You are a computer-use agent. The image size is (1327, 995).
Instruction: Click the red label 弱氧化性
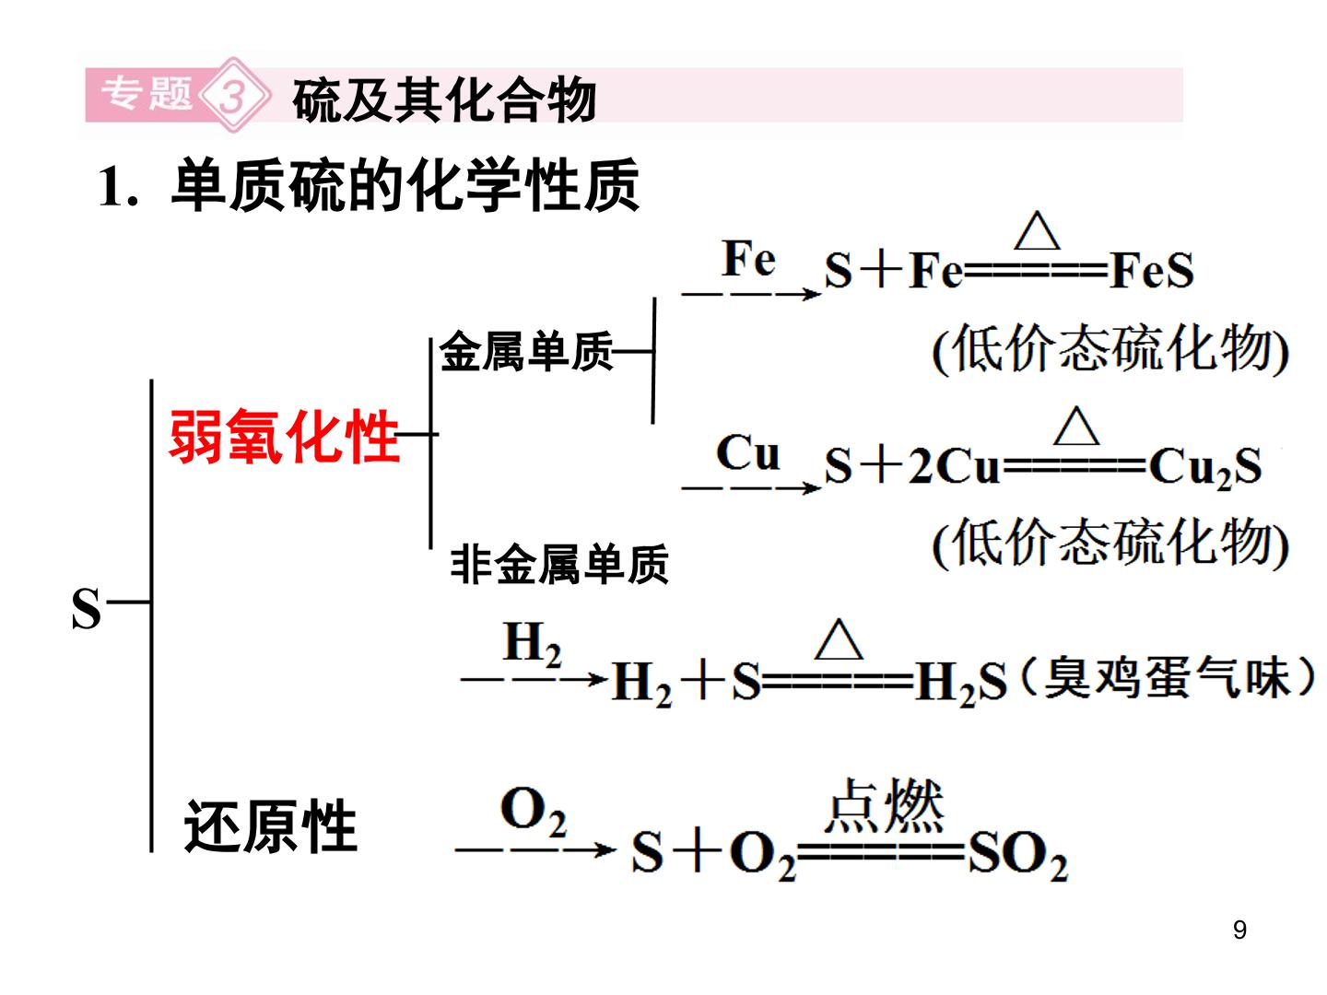[284, 436]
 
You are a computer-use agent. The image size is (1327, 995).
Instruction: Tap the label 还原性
[270, 825]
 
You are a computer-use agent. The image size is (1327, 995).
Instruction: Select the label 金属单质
[525, 351]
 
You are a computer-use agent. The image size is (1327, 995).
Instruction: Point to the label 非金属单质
[559, 564]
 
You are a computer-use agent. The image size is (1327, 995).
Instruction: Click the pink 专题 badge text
[147, 94]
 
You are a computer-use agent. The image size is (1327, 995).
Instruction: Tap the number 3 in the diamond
[233, 96]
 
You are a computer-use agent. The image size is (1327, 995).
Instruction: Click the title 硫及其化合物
[444, 99]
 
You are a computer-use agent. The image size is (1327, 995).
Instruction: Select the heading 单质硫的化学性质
[405, 184]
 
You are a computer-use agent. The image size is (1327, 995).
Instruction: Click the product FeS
[1150, 271]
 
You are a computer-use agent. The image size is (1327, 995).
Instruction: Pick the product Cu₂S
[1204, 467]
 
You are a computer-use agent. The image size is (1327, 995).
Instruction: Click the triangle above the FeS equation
[1037, 230]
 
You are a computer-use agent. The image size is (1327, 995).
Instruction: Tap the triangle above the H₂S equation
[839, 639]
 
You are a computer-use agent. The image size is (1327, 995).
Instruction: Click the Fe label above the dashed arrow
[748, 258]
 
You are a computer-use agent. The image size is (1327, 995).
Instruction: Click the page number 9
[1240, 930]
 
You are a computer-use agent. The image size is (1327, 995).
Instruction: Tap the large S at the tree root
[86, 608]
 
